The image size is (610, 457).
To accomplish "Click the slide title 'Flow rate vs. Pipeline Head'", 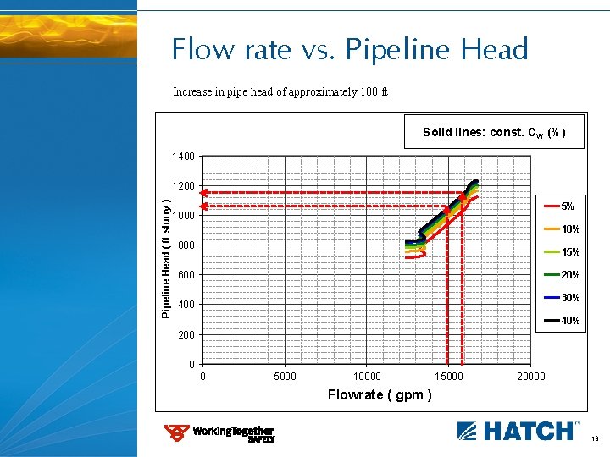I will [x=349, y=49].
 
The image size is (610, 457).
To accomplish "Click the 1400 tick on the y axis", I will [x=183, y=157].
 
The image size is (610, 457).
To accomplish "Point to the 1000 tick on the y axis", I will [x=183, y=216].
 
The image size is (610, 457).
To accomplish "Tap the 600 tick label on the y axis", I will [x=186, y=275].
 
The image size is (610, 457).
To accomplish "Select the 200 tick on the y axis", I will [x=186, y=335].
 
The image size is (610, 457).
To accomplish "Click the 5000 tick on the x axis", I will [x=285, y=377].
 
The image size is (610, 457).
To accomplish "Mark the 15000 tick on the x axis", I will [x=449, y=377].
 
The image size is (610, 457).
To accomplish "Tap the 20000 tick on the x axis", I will [x=531, y=377].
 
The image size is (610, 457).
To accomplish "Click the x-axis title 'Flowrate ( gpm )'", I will [x=380, y=395].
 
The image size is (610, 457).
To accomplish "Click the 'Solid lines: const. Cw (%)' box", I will [x=494, y=132].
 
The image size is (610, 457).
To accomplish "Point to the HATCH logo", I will [x=518, y=430].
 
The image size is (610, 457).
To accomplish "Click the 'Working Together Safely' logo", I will [x=219, y=433].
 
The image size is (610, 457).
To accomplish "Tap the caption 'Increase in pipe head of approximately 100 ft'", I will [x=280, y=91].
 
